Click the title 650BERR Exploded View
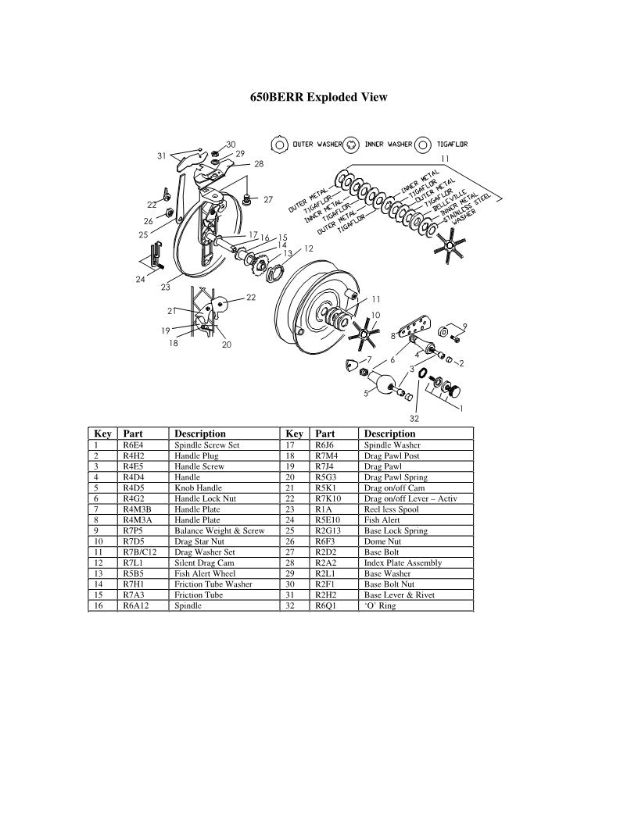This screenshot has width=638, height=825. point(318,98)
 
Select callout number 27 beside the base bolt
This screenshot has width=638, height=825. point(268,200)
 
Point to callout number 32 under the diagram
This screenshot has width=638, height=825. point(414,418)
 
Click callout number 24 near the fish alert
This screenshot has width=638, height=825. point(140,280)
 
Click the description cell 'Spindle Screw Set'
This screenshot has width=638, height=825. point(206,445)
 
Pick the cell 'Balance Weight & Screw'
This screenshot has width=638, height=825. point(219,530)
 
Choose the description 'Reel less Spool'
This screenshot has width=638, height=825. point(391,509)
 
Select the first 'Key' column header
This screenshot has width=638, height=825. point(102,434)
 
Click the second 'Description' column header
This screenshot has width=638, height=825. point(389,434)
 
